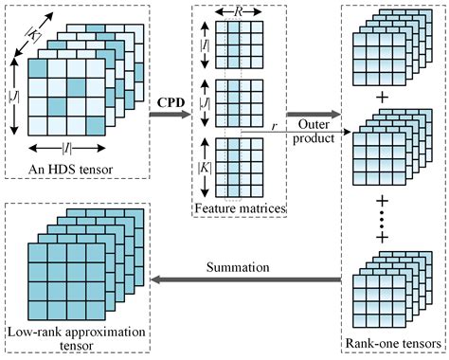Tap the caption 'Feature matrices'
click(239, 207)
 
